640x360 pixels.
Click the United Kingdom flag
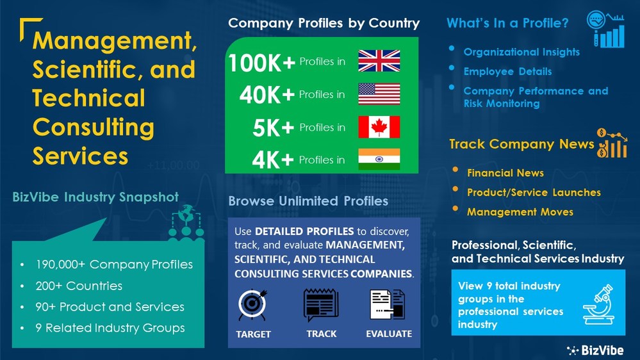coord(379,61)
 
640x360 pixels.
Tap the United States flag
coord(379,94)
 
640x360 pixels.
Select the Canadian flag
coord(379,127)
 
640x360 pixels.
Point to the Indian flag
coord(379,160)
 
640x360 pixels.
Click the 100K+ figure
coord(262,62)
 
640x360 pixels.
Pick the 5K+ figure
coord(274,127)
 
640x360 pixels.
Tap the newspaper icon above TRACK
coord(321,305)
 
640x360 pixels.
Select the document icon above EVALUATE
coord(388,305)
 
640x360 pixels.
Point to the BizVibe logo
coord(596,350)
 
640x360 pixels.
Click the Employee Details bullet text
coord(507,72)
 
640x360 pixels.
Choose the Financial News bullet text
coord(505,173)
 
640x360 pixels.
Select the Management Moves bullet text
coord(520,211)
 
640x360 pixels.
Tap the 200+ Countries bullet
coord(79,286)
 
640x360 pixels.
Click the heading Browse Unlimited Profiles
coord(308,201)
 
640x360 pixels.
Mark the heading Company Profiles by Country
coord(324,24)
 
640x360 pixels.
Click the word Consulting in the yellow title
coord(94,127)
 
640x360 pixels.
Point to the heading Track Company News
coord(521,144)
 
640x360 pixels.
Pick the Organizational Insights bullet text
coord(521,52)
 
